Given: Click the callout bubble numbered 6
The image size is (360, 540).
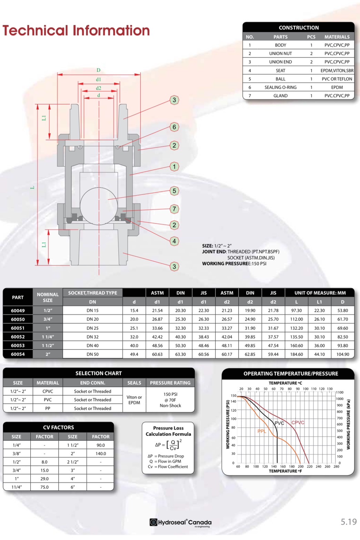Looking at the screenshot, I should [174, 127].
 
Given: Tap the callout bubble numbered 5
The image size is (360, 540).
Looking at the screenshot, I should [174, 191].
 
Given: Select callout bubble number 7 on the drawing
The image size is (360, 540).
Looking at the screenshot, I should [174, 208].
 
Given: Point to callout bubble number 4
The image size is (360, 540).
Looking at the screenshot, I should [174, 241].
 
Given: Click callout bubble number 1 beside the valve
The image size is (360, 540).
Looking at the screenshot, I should [174, 166].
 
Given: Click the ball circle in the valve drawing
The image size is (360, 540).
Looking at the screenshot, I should [99, 206].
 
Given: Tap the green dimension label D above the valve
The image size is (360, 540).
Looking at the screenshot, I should [98, 70].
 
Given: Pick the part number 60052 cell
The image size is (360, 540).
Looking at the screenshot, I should [18, 337].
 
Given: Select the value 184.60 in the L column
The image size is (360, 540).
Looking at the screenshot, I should [296, 354].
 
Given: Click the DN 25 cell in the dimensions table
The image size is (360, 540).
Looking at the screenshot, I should [92, 328].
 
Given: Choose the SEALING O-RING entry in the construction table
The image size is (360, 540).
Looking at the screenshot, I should [280, 87].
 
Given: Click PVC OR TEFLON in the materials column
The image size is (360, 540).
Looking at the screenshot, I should [337, 79].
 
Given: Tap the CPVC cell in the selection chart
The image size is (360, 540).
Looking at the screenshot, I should [48, 391].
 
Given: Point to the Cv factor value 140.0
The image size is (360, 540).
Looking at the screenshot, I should [101, 454].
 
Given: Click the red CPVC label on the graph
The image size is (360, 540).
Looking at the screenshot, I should [298, 422].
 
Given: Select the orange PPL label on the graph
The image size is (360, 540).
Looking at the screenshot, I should [262, 431].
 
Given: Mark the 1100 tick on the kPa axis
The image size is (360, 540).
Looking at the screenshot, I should [340, 392].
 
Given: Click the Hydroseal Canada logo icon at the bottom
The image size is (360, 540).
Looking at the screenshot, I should [153, 522].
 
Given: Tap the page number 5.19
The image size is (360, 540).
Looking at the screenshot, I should [349, 522].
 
